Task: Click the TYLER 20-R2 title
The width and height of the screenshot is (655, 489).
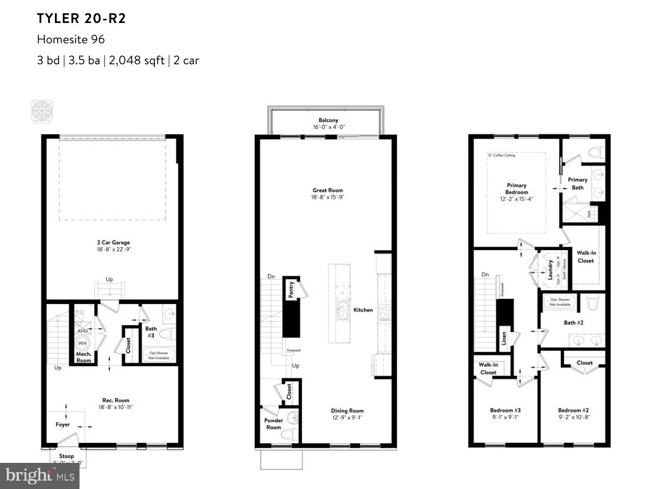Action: click(x=81, y=19)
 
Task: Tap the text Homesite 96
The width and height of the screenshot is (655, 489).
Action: click(x=71, y=40)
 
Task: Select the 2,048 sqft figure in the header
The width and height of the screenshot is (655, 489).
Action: click(x=136, y=60)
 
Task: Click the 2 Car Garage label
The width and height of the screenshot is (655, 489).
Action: click(x=113, y=242)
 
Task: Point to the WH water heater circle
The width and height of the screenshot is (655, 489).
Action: click(x=82, y=344)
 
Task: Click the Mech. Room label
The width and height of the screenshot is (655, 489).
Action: click(x=84, y=357)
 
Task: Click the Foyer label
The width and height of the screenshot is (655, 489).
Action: click(x=63, y=425)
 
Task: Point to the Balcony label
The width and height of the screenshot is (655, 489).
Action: click(x=328, y=120)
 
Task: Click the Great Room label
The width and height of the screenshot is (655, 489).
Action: click(x=328, y=190)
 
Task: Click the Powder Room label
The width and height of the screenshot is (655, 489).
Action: click(x=274, y=424)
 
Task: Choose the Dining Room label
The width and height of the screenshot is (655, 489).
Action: click(x=347, y=411)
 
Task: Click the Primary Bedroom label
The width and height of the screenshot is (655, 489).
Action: click(x=516, y=189)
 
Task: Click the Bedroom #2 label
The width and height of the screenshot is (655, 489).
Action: click(x=573, y=411)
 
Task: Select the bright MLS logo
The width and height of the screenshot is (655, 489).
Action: click(x=39, y=475)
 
